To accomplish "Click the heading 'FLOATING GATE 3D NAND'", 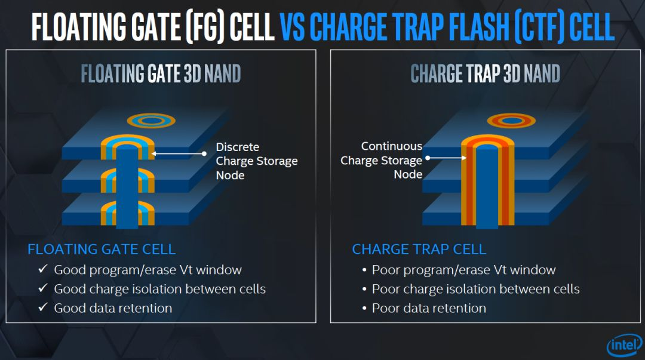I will pyautogui.click(x=161, y=74).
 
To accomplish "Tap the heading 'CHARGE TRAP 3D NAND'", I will pyautogui.click(x=485, y=74).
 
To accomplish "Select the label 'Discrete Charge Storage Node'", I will pyautogui.click(x=256, y=161).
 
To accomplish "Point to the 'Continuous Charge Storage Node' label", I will pyautogui.click(x=382, y=160).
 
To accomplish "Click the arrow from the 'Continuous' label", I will pyautogui.click(x=445, y=158).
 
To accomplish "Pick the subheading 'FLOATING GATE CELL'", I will pyautogui.click(x=102, y=249).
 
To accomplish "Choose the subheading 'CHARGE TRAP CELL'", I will pyautogui.click(x=419, y=249).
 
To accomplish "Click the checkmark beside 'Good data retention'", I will pyautogui.click(x=42, y=307).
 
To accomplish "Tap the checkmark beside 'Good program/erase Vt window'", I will pyautogui.click(x=42, y=269).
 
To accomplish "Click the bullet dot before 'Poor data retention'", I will pyautogui.click(x=364, y=309).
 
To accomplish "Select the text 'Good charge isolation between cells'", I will pyautogui.click(x=159, y=289).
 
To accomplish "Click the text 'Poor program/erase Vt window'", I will pyautogui.click(x=463, y=270).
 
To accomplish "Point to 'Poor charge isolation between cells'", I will pyautogui.click(x=475, y=289).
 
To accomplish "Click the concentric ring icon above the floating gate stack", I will pyautogui.click(x=151, y=121).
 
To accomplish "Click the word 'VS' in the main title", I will pyautogui.click(x=293, y=26).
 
